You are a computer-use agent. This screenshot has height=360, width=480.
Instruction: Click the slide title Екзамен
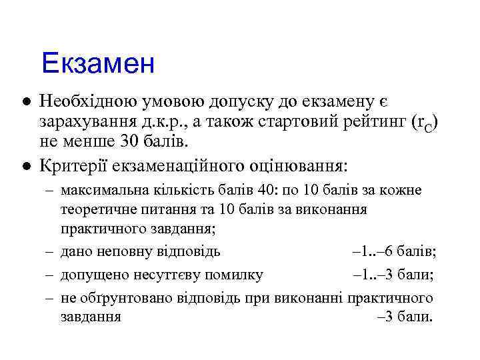click(97, 65)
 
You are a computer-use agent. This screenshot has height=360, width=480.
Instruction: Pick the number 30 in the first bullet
click(122, 142)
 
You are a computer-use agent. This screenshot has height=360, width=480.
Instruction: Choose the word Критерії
click(71, 164)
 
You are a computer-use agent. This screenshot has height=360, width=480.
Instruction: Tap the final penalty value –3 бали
click(405, 316)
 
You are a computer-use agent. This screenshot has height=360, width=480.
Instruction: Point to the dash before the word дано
click(50, 253)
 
